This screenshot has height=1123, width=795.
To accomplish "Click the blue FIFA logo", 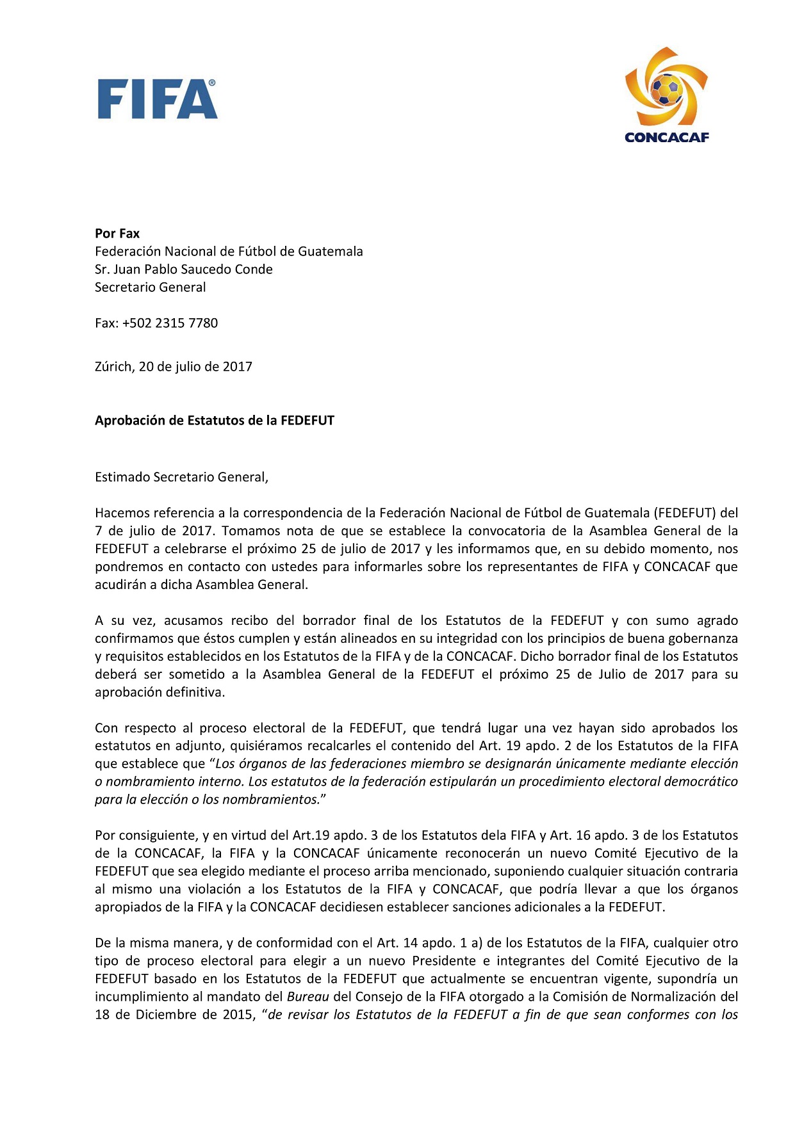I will (157, 99).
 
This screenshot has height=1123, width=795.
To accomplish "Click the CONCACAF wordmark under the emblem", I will (666, 137).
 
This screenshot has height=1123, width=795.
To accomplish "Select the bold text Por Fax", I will (117, 234).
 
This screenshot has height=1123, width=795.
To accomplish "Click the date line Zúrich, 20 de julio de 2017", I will (174, 367).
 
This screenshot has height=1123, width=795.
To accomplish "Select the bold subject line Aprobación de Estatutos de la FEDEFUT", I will (215, 421).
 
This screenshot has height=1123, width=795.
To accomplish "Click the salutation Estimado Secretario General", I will (181, 477).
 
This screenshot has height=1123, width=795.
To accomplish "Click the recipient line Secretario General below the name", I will (151, 287).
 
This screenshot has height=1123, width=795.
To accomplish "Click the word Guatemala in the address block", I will (331, 252).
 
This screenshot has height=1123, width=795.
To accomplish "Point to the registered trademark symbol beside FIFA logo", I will (212, 83).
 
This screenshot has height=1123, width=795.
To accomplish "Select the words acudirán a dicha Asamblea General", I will (201, 585).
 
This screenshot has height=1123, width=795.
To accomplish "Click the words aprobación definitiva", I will (160, 692).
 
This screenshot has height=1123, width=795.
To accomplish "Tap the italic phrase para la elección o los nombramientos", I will (206, 800).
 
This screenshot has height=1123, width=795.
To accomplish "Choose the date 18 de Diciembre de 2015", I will (173, 1015).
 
